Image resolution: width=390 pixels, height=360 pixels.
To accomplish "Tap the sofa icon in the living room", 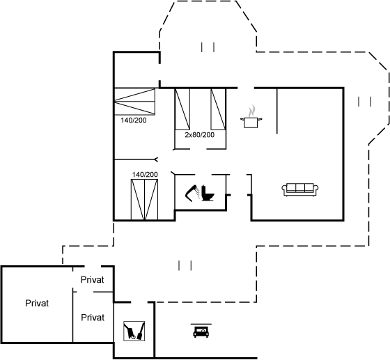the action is coord(300,189).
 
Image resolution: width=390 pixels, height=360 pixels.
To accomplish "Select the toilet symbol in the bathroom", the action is coord(208,193).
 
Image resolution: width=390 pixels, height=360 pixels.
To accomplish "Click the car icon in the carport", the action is coord(201,332).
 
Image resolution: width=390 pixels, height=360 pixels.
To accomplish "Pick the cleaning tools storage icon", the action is coord(134,331).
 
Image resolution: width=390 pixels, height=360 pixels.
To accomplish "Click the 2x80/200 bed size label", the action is coord(199,135).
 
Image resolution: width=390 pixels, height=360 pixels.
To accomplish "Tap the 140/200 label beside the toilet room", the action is coord(145,175).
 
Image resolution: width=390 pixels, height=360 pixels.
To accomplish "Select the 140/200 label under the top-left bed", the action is coord(134,120).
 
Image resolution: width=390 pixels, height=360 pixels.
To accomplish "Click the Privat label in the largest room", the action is coord(37,304).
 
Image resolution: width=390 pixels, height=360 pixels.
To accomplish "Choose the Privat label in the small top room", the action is coord(92,280).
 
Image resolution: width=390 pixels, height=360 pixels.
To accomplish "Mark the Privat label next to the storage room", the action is coord(93,318).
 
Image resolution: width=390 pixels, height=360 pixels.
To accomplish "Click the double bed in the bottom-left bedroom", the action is coord(145,199).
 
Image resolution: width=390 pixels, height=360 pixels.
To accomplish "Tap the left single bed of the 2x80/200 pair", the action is coord(182,109).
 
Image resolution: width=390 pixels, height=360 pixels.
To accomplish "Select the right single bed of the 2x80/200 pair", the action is coord(218,109).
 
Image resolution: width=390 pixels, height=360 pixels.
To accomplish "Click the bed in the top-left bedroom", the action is coord(134,102).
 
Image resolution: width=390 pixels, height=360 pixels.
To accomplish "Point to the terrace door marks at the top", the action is coord(208,47).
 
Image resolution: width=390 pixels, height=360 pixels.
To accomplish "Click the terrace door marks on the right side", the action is coord(365,102).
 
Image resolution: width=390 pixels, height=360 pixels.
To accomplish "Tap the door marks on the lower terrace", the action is coord(185,265).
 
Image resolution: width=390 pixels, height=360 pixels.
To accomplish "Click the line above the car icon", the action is coord(201,324).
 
